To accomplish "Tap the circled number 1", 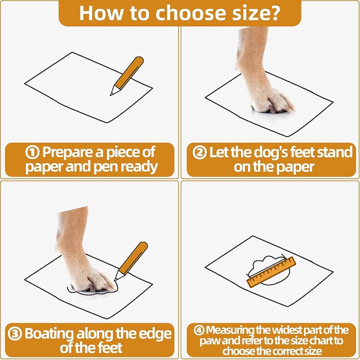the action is [x=32, y=153].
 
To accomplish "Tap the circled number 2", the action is [x=199, y=153].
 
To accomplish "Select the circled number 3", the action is [x=15, y=333].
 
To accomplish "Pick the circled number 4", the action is [x=199, y=330].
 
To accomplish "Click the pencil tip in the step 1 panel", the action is [x=111, y=94].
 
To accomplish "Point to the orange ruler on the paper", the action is [x=271, y=272].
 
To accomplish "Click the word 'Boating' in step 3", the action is [x=49, y=334].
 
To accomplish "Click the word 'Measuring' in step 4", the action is [x=230, y=330].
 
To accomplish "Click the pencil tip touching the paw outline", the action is [x=116, y=279].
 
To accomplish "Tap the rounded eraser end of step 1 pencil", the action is [x=139, y=60].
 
